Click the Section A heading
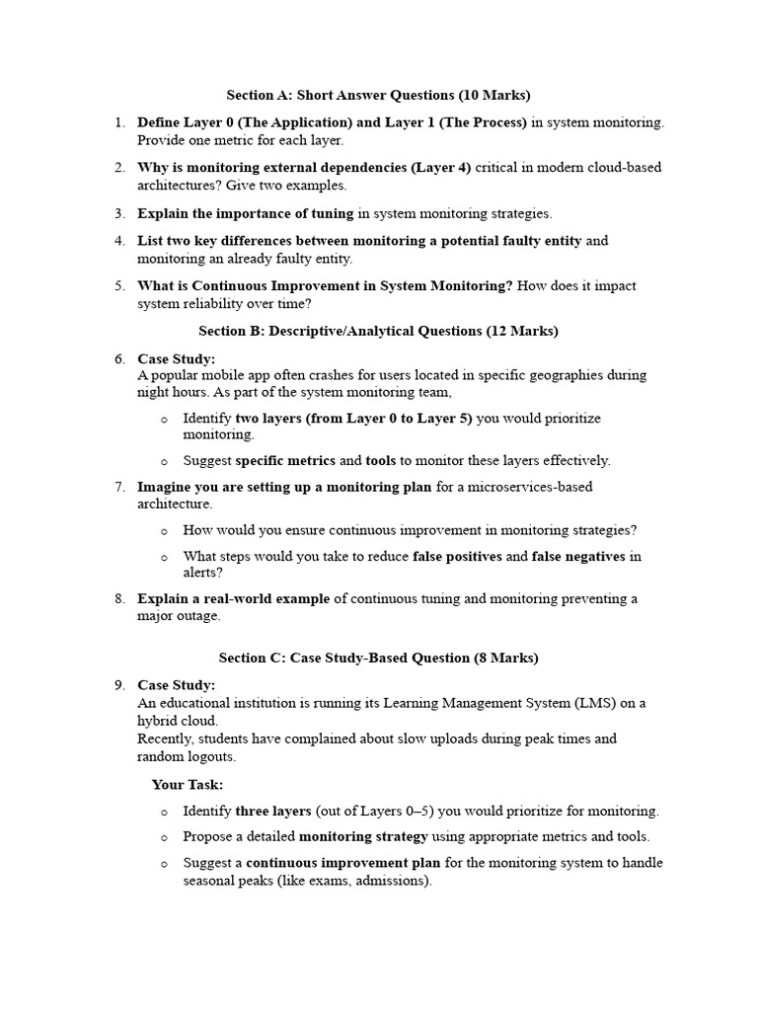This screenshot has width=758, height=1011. pos(378,95)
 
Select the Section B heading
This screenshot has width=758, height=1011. pos(378,332)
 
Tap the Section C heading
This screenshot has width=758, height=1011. pos(378,658)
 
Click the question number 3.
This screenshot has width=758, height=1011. pos(118,213)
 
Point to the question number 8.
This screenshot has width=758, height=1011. pos(118,598)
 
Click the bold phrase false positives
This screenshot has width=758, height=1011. pos(457,556)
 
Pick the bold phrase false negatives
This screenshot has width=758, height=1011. pos(578,556)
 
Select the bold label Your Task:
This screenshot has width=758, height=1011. pos(188,784)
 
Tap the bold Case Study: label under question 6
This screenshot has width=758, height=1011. pos(176,358)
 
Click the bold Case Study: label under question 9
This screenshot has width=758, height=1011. pos(176,685)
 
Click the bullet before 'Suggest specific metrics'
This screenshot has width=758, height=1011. pos(164,461)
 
